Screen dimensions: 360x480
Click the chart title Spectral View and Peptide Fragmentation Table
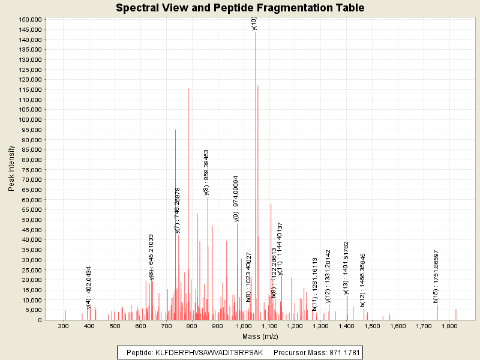click(240, 8)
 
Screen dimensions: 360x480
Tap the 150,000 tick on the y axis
click(29, 19)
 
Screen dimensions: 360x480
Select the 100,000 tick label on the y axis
click(29, 119)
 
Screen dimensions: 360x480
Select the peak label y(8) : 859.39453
click(206, 173)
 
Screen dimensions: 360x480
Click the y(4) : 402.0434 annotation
click(89, 287)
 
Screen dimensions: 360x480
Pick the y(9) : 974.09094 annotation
click(236, 199)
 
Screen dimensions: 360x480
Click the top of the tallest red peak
click(256, 32)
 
